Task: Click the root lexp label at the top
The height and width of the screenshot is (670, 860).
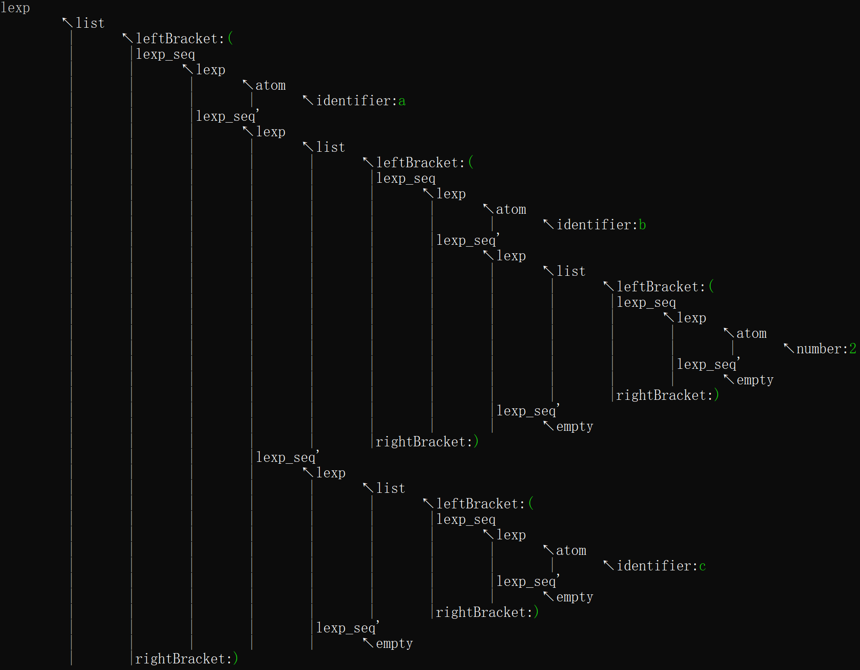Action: click(15, 8)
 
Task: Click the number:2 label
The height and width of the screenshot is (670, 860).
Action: click(822, 349)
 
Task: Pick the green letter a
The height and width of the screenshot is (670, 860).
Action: click(402, 101)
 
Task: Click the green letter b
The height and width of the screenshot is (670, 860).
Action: click(643, 225)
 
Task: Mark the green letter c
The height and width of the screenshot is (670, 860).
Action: click(703, 566)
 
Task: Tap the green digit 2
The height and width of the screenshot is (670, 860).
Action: click(853, 349)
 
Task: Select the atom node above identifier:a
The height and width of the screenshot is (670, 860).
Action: click(271, 86)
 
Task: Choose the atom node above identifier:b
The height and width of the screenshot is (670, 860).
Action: click(511, 210)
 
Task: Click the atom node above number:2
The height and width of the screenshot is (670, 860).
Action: click(752, 334)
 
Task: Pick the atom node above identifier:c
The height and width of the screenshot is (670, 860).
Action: click(571, 551)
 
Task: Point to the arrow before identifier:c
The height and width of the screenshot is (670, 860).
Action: click(608, 565)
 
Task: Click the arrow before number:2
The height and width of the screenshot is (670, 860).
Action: click(789, 348)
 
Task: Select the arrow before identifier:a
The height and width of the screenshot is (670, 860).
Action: click(308, 100)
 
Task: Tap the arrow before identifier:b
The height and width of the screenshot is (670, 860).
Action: click(548, 224)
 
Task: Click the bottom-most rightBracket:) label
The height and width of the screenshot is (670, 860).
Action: click(186, 659)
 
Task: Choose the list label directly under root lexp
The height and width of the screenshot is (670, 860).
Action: click(90, 23)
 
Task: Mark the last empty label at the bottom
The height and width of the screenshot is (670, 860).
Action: click(394, 643)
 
